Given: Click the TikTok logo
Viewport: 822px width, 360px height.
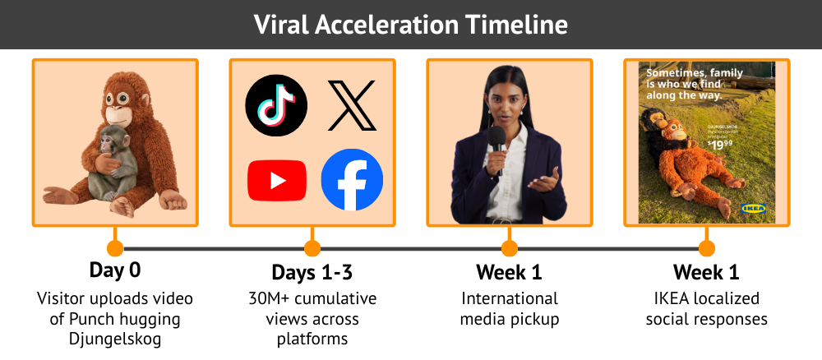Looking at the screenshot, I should click(276, 105).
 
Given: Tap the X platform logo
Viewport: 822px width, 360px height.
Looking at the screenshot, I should click(352, 105).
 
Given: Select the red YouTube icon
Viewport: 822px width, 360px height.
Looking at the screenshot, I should click(277, 180).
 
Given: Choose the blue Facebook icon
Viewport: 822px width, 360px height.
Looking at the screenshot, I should click(352, 180).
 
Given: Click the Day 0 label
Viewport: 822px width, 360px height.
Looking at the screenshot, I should click(115, 271).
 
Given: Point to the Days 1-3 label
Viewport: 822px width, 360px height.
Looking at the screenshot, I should click(312, 272).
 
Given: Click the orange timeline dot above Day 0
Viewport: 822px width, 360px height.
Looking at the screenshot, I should click(115, 248).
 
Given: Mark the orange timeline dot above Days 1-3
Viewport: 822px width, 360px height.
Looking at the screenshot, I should click(312, 248).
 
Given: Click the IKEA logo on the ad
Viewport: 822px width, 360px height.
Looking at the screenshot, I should click(753, 208).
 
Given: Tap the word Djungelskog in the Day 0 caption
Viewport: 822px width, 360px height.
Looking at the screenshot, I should click(115, 339).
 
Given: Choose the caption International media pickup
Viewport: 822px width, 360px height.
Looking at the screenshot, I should click(510, 308).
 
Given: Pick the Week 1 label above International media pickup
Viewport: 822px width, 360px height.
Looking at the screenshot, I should click(510, 272).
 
